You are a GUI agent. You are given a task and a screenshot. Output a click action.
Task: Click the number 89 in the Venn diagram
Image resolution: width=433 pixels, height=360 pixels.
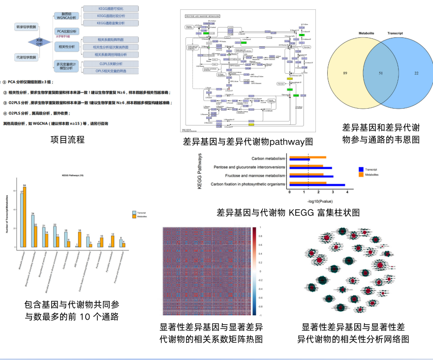point(345,73)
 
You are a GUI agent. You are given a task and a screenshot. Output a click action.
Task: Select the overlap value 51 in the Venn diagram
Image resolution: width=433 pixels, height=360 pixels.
point(380,73)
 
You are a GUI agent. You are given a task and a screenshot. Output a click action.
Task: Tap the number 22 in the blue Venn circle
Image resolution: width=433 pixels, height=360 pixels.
point(416,73)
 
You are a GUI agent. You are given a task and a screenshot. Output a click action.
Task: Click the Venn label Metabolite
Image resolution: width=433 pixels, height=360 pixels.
point(367,33)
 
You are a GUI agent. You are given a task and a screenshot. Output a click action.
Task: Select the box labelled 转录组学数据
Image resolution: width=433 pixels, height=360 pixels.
point(26,26)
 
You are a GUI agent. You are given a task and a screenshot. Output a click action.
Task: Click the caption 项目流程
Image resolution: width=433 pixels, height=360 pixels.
point(68,140)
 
